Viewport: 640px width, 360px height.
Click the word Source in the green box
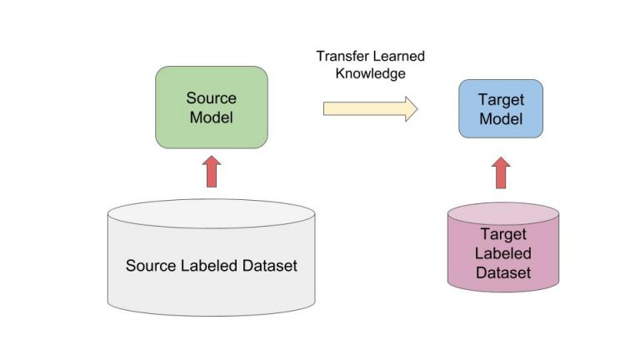pos(211,98)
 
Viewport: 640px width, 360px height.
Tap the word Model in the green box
pos(211,117)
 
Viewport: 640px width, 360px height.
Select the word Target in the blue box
pos(501,100)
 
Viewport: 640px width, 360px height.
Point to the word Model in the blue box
pos(501,118)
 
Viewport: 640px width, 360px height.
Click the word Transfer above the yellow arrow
pos(344,57)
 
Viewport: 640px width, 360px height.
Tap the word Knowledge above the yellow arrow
pos(370,73)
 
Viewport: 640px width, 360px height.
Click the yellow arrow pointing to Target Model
pos(370,108)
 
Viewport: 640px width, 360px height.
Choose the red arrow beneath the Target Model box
pos(501,172)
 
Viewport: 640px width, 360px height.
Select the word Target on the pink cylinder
pos(502,235)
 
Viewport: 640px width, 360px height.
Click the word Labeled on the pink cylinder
pos(502,253)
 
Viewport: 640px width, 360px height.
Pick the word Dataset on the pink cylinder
pos(502,272)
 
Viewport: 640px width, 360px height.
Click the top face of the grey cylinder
pos(211,213)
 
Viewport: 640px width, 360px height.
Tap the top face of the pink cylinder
pos(502,212)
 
